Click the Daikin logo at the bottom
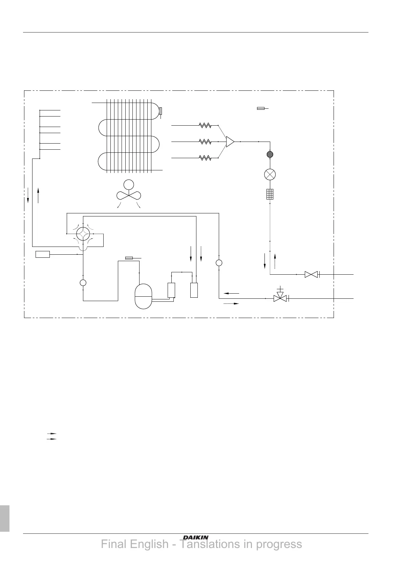196,537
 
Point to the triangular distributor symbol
230,142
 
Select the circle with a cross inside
270,175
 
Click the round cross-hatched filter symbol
270,154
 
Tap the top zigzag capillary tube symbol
205,125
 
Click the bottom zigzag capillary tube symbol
205,158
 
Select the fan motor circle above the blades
128,185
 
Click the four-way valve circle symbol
83,234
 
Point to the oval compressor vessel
143,296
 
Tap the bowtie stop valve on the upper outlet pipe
311,274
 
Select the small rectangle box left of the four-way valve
43,254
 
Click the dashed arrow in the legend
51,433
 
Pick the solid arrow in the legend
51,439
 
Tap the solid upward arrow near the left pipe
39,195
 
